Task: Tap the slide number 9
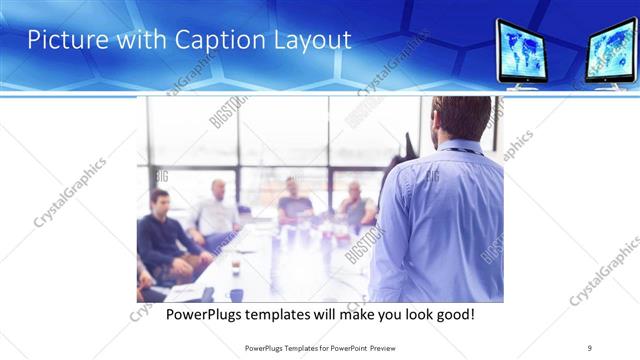590,348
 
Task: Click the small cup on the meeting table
236,267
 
